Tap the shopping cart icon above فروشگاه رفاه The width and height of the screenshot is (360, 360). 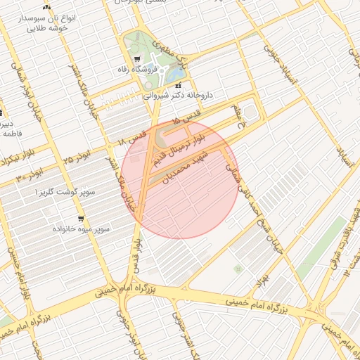137,59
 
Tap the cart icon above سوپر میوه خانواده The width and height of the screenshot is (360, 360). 81,219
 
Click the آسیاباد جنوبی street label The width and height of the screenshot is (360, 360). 271,64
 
